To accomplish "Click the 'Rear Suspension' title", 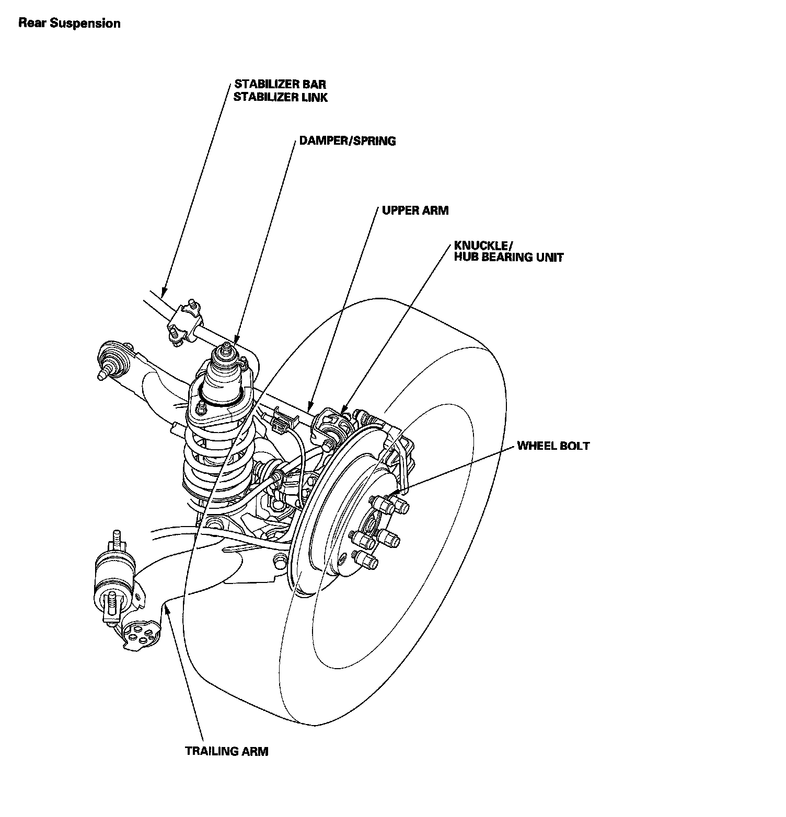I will point(69,24).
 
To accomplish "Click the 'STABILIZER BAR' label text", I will point(280,84).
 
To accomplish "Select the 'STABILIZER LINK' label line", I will point(280,97).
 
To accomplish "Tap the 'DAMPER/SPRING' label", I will point(347,141).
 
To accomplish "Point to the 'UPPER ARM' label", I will point(415,211).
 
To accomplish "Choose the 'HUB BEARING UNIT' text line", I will point(508,258).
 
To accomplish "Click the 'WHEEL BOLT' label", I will point(553,446).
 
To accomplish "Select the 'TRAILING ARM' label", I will point(226,752).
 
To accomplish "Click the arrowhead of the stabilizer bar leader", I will point(163,294).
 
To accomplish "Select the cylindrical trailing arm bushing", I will point(113,580).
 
